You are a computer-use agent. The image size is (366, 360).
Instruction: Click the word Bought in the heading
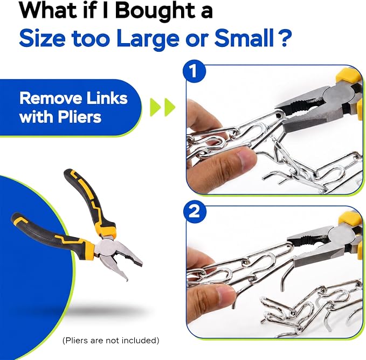[155, 11]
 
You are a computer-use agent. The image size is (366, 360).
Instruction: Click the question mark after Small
[285, 38]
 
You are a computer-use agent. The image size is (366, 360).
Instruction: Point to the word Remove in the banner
[51, 98]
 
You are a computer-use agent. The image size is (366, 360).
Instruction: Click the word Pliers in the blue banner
[80, 116]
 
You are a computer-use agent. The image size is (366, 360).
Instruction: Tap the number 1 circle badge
[194, 71]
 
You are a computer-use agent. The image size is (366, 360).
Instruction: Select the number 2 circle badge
[195, 212]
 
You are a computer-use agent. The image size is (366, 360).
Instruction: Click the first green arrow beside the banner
[155, 107]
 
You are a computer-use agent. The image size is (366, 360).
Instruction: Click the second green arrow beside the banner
[170, 107]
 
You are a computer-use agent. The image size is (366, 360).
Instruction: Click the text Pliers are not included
[111, 341]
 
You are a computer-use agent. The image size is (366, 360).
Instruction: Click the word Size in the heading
[42, 38]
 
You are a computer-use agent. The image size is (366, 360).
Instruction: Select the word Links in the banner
[107, 98]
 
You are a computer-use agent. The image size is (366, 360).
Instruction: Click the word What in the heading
[48, 10]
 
